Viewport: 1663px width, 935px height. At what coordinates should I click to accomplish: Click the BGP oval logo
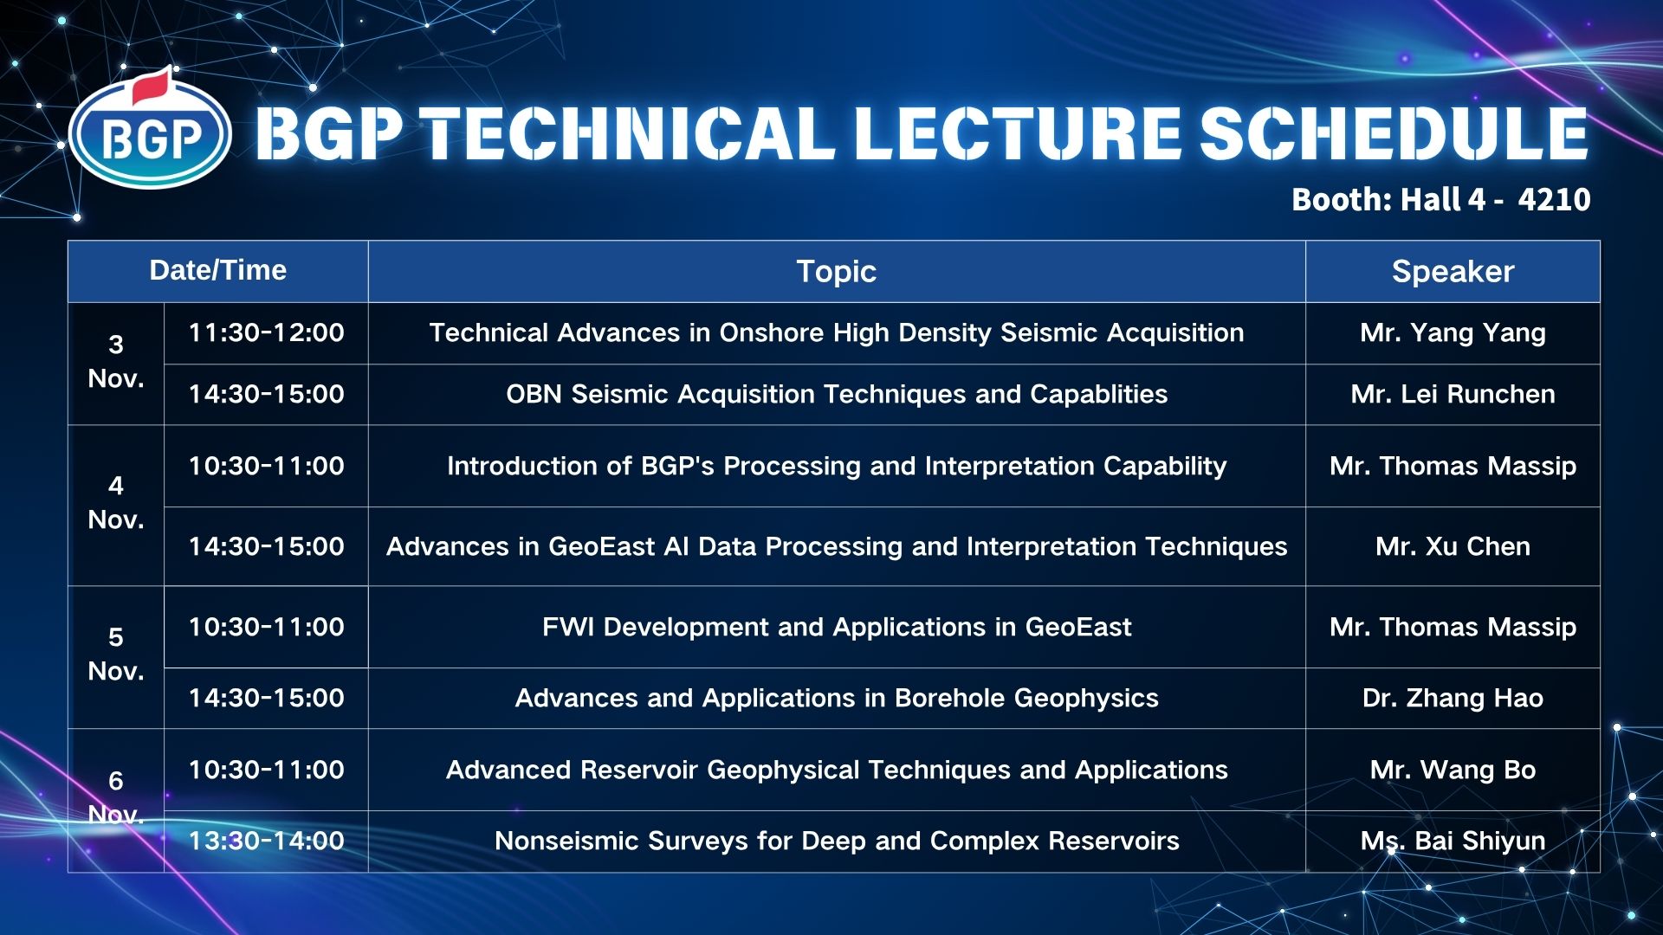150,134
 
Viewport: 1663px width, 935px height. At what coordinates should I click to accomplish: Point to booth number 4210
1555,200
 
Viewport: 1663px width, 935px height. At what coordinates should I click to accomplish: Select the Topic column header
837,272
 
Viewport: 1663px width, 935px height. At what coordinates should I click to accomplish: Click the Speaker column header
1453,272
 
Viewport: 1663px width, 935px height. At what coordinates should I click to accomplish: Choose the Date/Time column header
218,270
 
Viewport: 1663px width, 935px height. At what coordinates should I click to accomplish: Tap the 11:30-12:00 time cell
267,332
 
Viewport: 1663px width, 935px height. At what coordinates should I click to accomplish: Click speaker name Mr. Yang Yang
1453,333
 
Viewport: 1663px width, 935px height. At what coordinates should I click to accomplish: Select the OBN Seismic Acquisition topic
837,395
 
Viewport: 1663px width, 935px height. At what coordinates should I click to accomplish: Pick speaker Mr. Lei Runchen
1453,395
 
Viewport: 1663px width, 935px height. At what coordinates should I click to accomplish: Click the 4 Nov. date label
116,503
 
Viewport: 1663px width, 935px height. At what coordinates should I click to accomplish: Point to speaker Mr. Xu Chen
1453,547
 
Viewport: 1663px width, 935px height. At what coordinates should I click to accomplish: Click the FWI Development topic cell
837,627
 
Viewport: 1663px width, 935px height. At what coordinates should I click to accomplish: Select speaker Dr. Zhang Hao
1453,699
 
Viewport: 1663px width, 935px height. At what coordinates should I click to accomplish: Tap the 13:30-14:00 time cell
267,841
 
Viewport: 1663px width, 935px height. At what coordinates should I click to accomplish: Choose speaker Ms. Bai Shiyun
1453,841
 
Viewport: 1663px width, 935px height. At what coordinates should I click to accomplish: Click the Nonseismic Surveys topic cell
837,841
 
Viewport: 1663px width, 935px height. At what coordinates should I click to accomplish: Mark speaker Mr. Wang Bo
1453,771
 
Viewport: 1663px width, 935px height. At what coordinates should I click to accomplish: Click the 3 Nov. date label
116,362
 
